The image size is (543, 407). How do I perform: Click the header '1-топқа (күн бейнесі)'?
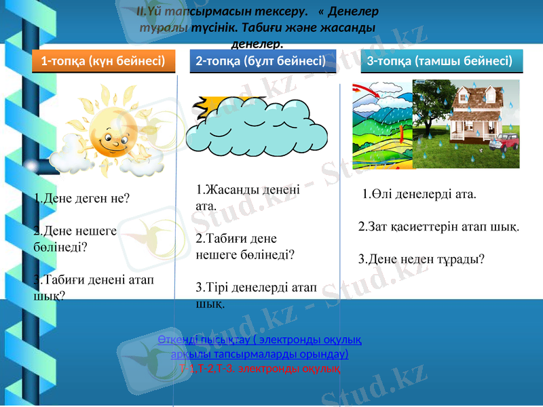pyautogui.click(x=103, y=61)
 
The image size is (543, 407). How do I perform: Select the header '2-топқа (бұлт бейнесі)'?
pyautogui.click(x=261, y=61)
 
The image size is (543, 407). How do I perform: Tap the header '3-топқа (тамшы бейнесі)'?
pyautogui.click(x=439, y=61)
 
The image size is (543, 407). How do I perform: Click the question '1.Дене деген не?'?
pyautogui.click(x=81, y=199)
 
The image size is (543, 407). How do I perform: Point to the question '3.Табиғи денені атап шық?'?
pyautogui.click(x=93, y=287)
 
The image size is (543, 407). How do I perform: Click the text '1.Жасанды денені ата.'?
pyautogui.click(x=247, y=197)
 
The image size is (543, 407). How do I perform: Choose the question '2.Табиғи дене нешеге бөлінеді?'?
pyautogui.click(x=244, y=247)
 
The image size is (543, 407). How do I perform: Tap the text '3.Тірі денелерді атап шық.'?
pyautogui.click(x=256, y=295)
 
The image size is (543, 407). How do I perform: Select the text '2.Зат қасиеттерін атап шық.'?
pyautogui.click(x=438, y=226)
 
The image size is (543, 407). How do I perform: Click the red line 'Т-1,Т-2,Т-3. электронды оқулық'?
pyautogui.click(x=260, y=368)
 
